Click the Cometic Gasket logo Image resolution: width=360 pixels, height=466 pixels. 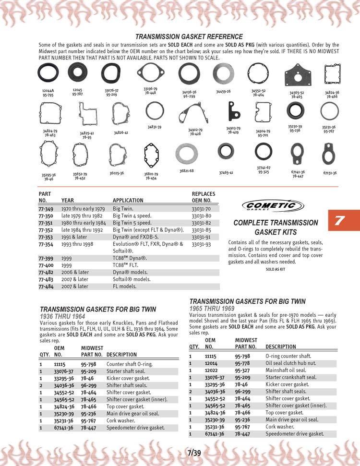click(273, 206)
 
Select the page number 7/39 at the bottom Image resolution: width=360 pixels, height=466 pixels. click(194, 452)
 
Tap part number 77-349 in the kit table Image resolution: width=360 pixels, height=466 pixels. click(46, 209)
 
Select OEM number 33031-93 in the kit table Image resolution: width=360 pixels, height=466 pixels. click(201, 244)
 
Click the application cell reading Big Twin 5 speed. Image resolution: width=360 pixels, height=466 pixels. click(132, 223)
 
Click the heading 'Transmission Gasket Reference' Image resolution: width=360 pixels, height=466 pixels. click(189, 36)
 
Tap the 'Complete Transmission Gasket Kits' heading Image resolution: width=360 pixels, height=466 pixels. click(276, 227)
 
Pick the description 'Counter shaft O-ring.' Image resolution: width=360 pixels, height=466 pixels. click(130, 364)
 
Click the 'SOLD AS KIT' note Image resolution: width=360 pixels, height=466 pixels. click(275, 270)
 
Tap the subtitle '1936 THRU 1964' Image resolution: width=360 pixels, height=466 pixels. click(63, 317)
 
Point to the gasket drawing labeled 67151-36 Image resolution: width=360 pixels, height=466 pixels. click(329, 155)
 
